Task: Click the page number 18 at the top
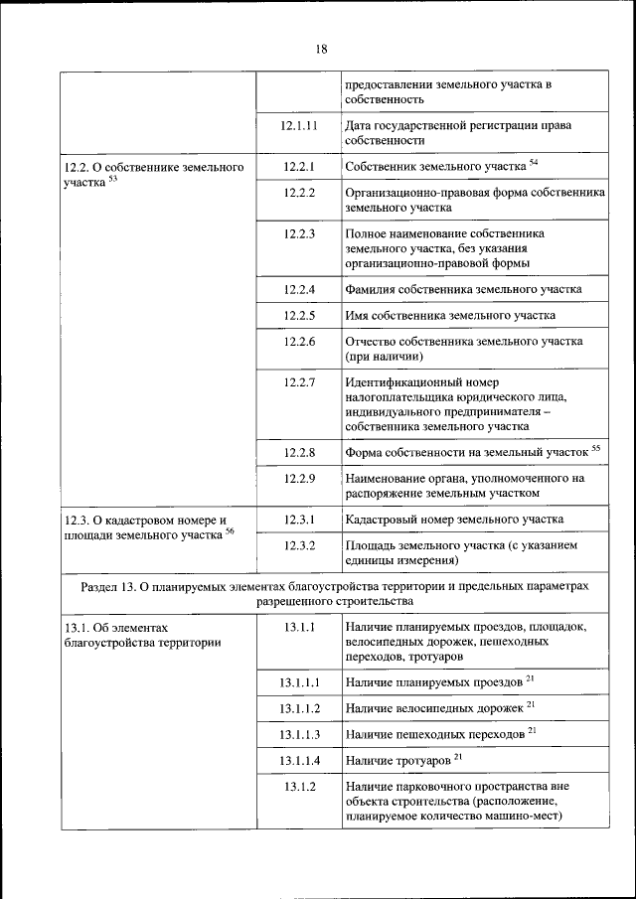tap(321, 48)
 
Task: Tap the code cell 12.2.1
tap(298, 166)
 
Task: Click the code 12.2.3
tap(298, 233)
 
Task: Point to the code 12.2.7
tap(298, 382)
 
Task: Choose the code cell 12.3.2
tap(298, 545)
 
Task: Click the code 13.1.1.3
tap(298, 735)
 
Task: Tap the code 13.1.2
tap(298, 787)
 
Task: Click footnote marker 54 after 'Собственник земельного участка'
tap(534, 161)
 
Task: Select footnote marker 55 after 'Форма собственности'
tap(596, 449)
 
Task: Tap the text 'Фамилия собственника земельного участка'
tap(463, 290)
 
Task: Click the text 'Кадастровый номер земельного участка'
tap(454, 520)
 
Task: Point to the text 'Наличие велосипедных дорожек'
tap(434, 709)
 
